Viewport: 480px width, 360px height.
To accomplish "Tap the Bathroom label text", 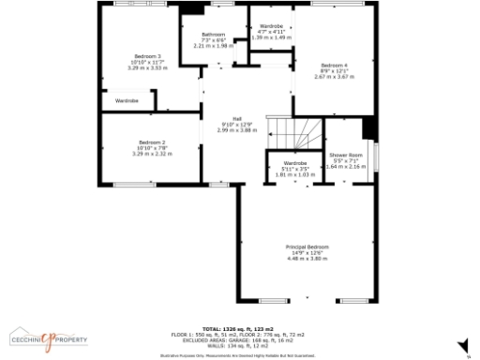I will [213, 35].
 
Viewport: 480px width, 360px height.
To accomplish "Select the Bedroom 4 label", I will [333, 65].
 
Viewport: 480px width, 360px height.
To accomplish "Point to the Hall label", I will [224, 118].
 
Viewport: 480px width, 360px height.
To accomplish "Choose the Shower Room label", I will [344, 155].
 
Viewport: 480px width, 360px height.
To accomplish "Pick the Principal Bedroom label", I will [307, 246].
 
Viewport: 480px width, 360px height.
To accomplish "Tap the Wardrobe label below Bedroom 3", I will [127, 100].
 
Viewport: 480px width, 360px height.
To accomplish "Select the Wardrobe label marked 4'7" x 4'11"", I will [271, 25].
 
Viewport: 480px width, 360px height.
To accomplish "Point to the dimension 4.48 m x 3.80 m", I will [307, 258].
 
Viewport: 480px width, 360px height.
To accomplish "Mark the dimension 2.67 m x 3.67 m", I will [333, 77].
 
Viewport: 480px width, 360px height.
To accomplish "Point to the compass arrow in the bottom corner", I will [467, 354].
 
